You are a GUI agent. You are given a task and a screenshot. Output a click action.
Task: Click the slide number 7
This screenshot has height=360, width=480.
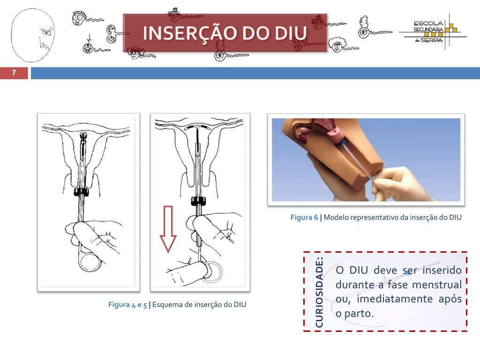click(x=14, y=73)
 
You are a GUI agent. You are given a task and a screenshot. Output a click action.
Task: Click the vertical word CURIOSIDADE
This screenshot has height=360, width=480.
click(x=319, y=292)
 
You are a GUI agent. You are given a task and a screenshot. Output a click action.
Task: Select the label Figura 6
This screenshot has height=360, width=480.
click(x=304, y=217)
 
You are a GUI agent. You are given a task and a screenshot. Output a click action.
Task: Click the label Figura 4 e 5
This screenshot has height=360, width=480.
click(x=127, y=305)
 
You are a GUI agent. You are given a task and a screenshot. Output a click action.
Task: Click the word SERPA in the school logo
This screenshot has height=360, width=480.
click(x=432, y=40)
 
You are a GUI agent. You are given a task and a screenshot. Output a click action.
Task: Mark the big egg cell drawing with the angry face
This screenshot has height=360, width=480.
click(x=33, y=35)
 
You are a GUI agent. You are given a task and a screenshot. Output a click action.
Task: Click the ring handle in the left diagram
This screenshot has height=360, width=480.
click(x=89, y=262)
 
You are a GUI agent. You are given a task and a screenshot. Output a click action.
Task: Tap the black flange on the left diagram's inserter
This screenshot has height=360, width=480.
click(x=81, y=192)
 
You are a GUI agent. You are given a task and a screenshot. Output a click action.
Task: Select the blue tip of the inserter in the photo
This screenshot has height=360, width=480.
click(x=342, y=142)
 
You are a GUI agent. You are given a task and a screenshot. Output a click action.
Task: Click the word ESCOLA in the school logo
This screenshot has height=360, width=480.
click(x=428, y=23)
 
